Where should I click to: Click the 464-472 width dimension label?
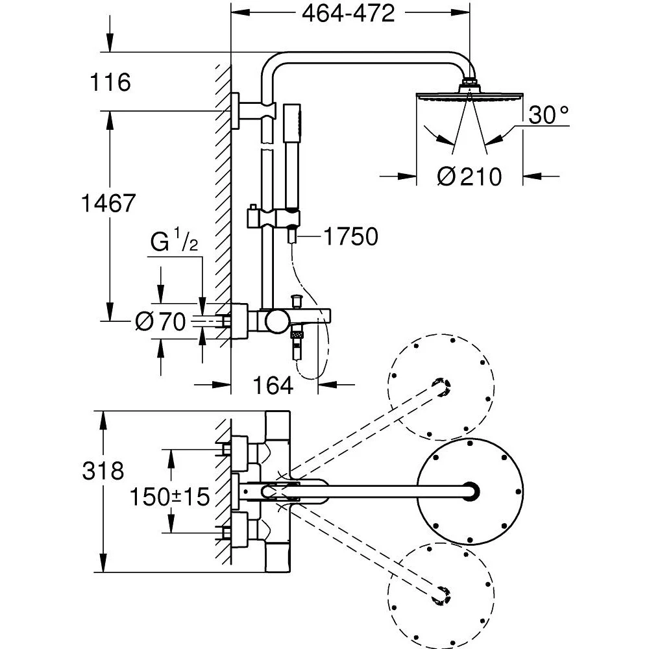(349, 14)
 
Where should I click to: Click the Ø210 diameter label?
(469, 176)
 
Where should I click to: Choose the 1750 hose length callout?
(351, 237)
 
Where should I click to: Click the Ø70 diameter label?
(160, 322)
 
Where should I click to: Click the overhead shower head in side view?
(469, 95)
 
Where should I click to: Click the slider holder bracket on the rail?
(273, 217)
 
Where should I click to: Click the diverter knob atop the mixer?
(297, 301)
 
